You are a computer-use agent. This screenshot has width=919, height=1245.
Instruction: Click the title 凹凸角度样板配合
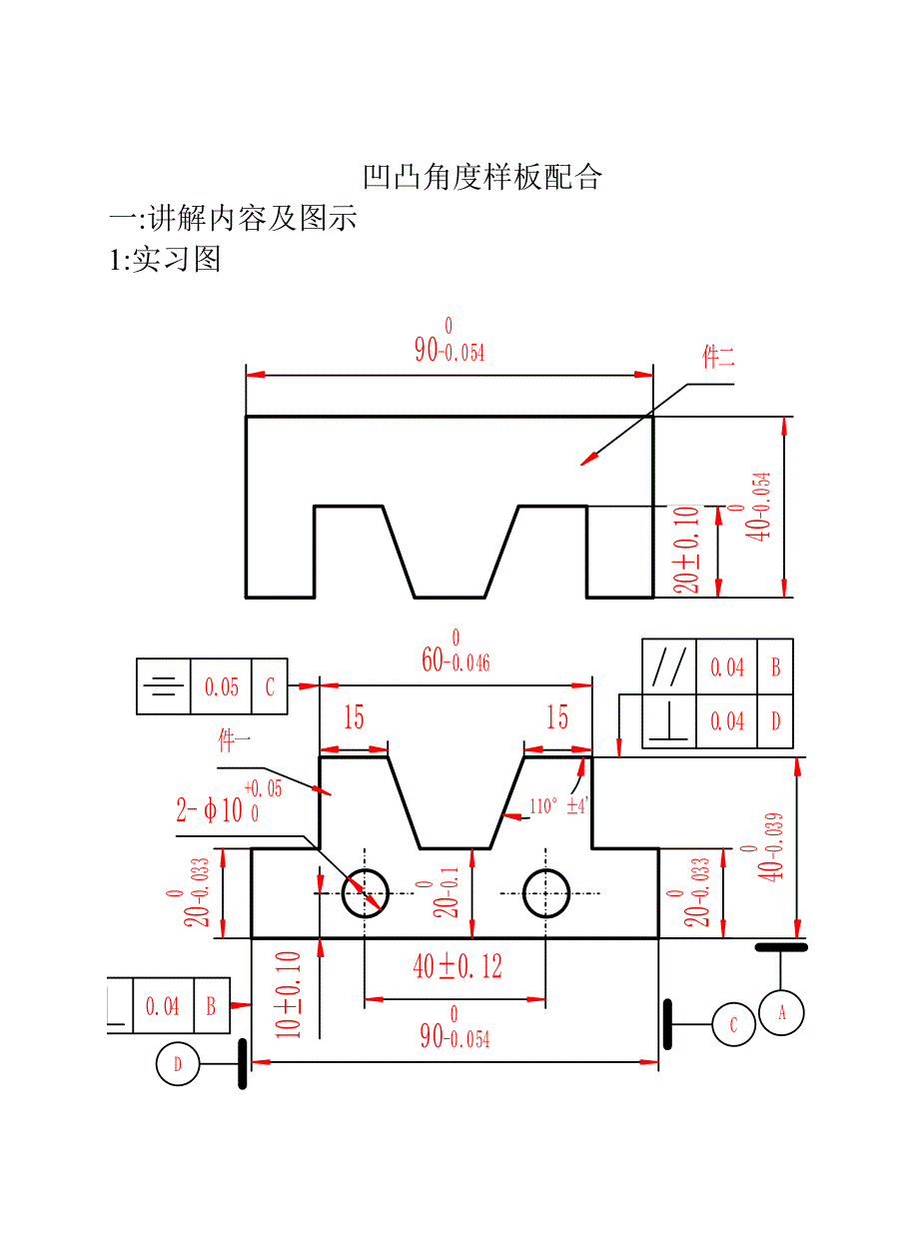point(482,178)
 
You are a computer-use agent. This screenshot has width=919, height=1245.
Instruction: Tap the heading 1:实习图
point(165,260)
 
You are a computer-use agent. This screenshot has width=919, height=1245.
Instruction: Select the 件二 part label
point(718,358)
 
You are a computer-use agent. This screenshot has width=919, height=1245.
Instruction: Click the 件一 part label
point(234,740)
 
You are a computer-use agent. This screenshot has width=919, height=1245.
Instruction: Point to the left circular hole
point(366,892)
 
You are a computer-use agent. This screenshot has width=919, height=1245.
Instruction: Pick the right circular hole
point(546,892)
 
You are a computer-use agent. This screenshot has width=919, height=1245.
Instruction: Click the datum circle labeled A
point(781,1013)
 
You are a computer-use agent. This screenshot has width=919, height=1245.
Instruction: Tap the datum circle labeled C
point(734,1025)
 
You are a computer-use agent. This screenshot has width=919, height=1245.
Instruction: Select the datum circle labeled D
point(178,1064)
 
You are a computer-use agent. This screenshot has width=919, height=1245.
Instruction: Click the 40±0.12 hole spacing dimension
point(458,966)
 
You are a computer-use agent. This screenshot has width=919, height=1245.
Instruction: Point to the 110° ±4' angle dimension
point(558,805)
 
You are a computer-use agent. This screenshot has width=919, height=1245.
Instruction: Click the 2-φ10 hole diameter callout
point(212,808)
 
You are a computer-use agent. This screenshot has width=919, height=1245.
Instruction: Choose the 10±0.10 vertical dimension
point(289,994)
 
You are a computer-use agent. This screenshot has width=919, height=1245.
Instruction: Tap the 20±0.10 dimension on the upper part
point(686,550)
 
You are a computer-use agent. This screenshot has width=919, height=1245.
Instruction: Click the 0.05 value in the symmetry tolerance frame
point(222,686)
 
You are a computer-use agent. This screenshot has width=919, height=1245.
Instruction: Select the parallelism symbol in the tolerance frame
point(668,665)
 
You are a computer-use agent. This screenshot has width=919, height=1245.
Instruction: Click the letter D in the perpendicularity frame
point(775,720)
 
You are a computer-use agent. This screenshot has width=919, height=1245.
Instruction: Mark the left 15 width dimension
point(354,717)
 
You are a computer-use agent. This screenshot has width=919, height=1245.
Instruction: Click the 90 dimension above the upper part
point(449,347)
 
